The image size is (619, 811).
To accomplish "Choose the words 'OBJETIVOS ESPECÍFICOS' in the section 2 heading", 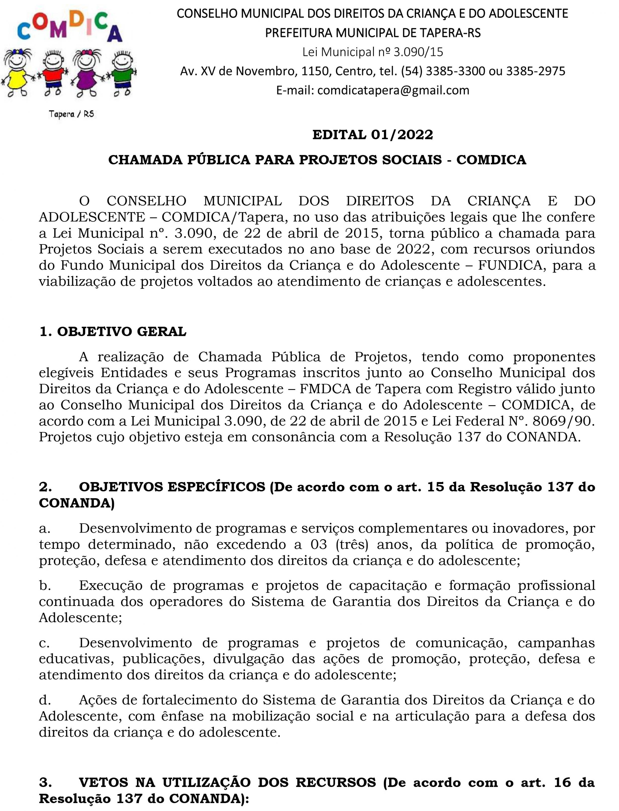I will click(172, 487).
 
